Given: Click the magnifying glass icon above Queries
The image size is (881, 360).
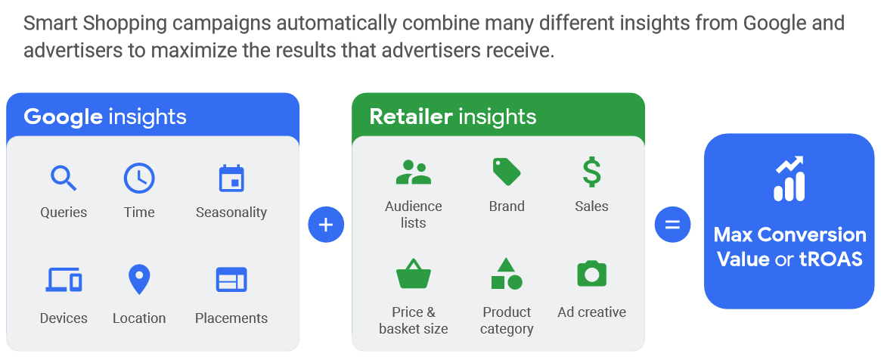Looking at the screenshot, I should [64, 178].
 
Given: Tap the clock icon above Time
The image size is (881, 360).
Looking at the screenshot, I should [139, 178].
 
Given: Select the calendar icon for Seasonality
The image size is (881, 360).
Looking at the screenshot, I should [231, 178].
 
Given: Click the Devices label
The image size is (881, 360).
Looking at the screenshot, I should [64, 318].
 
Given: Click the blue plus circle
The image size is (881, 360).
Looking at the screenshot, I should [326, 225].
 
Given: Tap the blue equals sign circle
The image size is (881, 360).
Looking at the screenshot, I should [672, 225].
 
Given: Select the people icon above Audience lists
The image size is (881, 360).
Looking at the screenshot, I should [413, 173].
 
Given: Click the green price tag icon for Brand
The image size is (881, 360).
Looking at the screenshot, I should [507, 172].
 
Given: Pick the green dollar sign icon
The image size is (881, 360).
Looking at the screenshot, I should [591, 172].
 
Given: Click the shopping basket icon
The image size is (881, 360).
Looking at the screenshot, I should [413, 274].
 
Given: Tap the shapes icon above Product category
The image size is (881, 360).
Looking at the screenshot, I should [507, 274].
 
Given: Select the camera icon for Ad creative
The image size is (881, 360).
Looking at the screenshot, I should [591, 273].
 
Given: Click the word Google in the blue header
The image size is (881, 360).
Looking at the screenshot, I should [63, 116].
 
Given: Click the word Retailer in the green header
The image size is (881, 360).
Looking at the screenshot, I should [411, 116].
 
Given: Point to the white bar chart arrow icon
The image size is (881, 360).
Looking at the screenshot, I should [789, 178].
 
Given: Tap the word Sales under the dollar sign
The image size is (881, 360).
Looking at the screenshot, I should [591, 206].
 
